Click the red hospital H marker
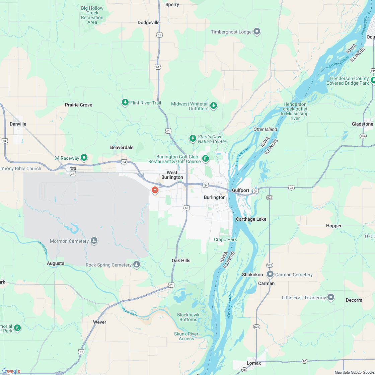pyautogui.click(x=155, y=190)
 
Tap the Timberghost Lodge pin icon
pyautogui.click(x=257, y=31)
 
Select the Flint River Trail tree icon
pyautogui.click(x=125, y=102)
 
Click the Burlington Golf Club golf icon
pyautogui.click(x=206, y=158)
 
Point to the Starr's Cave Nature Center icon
pyautogui.click(x=193, y=138)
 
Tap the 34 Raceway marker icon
pyautogui.click(x=84, y=157)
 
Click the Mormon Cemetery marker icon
pyautogui.click(x=94, y=241)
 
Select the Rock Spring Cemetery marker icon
pyautogui.click(x=136, y=265)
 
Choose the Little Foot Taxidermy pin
pyautogui.click(x=331, y=297)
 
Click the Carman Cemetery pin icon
pyautogui.click(x=270, y=274)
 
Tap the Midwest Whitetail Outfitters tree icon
pyautogui.click(x=214, y=106)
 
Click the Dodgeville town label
pyautogui.click(x=149, y=22)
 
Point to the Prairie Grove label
pyautogui.click(x=79, y=105)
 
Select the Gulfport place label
pyautogui.click(x=241, y=190)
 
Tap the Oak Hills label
pyautogui.click(x=181, y=260)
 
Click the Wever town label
pyautogui.click(x=99, y=322)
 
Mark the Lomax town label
pyautogui.click(x=254, y=363)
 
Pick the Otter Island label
pyautogui.click(x=265, y=129)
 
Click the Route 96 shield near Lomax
pyautogui.click(x=304, y=361)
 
